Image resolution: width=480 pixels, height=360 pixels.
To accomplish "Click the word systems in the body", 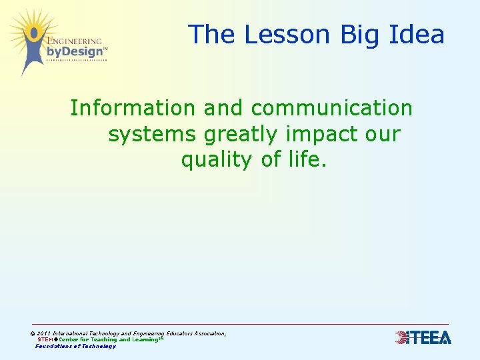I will coord(152,134).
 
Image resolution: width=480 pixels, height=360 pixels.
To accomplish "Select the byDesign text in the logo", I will coord(75,51).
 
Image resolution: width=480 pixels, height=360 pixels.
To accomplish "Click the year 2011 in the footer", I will coord(44,333).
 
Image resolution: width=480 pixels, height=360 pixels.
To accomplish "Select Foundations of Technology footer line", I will coord(75,346).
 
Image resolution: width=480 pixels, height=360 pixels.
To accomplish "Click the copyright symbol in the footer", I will coord(33,333).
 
